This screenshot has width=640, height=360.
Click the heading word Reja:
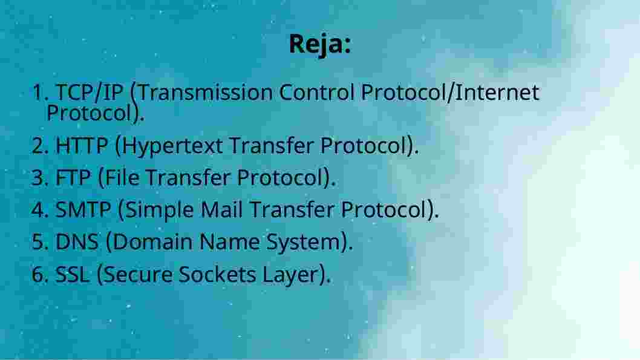320,44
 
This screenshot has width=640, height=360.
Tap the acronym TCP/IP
90,93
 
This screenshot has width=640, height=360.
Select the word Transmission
206,92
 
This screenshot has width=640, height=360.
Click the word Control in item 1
317,92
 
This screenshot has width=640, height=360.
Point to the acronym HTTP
82,145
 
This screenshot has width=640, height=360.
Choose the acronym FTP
73,177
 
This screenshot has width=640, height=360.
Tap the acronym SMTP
83,210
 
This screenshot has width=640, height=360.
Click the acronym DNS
77,241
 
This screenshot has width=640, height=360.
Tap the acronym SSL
72,274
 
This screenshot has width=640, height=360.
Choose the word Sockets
217,274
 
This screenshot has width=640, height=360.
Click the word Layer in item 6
290,275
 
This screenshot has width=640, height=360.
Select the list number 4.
39,210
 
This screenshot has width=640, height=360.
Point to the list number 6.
39,274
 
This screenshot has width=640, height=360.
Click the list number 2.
39,146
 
